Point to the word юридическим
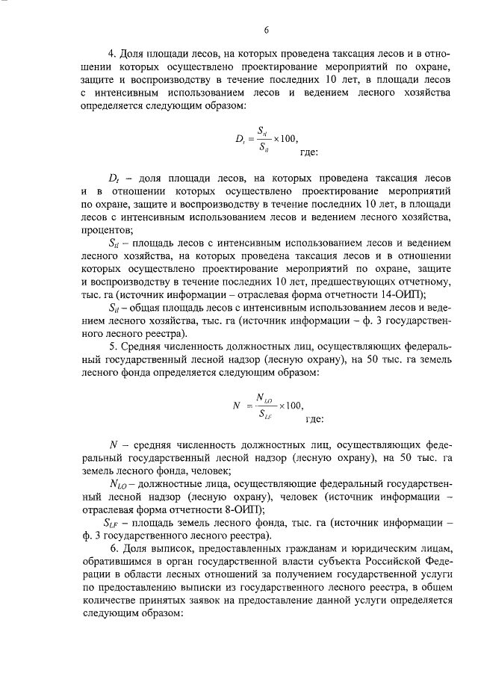pos(368,548)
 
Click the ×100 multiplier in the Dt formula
pos(284,137)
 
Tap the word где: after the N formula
pos(314,420)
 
